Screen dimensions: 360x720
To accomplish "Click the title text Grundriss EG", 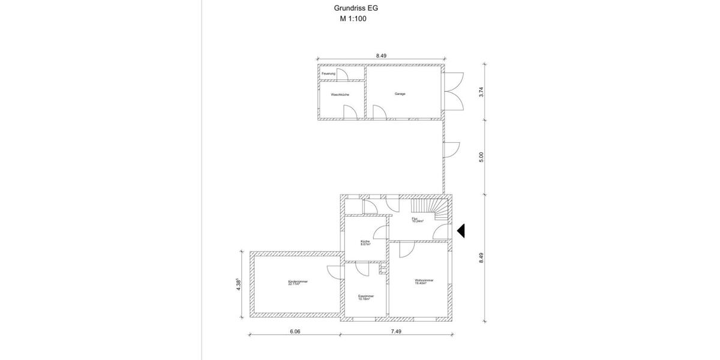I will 356,8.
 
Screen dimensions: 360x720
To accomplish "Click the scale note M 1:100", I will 353,19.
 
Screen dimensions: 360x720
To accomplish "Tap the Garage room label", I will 400,94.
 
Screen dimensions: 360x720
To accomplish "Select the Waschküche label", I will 340,95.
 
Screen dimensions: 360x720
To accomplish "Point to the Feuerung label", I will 328,73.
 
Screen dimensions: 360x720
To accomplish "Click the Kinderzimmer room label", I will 298,283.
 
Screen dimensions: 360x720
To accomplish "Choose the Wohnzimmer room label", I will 424,281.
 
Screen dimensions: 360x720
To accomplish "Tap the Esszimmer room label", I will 366,296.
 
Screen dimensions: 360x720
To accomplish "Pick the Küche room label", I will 365,243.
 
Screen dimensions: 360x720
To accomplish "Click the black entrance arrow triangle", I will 461,230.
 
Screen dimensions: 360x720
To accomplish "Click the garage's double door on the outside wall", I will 454,91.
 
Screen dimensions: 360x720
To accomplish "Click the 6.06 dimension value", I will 294,331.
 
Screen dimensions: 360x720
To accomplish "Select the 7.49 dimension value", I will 396,331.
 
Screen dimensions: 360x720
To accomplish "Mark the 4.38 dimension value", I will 239,284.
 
